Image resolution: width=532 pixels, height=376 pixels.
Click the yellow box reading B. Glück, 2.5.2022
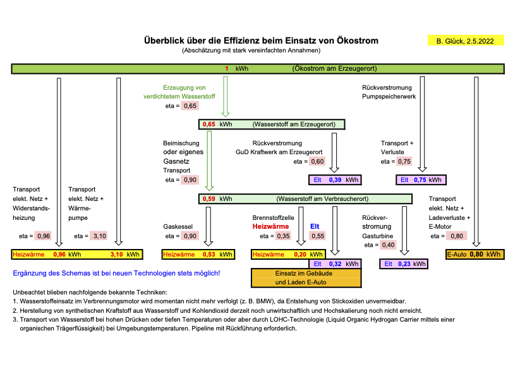[466, 41]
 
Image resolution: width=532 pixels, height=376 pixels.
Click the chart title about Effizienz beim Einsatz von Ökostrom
[262, 40]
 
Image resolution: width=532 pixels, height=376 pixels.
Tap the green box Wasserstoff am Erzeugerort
[272, 124]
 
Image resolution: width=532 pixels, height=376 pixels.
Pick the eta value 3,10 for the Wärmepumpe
[100, 236]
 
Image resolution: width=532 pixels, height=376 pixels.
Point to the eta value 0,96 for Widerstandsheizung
[44, 236]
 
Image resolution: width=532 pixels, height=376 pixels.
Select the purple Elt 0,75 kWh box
[421, 179]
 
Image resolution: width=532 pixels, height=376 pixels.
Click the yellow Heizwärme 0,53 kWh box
[190, 255]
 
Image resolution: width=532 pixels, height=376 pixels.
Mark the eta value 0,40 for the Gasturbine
[388, 245]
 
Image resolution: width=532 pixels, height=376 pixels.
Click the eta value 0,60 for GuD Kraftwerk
[317, 162]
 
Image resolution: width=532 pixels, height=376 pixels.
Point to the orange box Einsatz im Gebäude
[306, 277]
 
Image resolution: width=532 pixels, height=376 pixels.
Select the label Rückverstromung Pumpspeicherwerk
[387, 92]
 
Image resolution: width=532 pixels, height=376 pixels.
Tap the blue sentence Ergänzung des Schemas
[116, 273]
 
